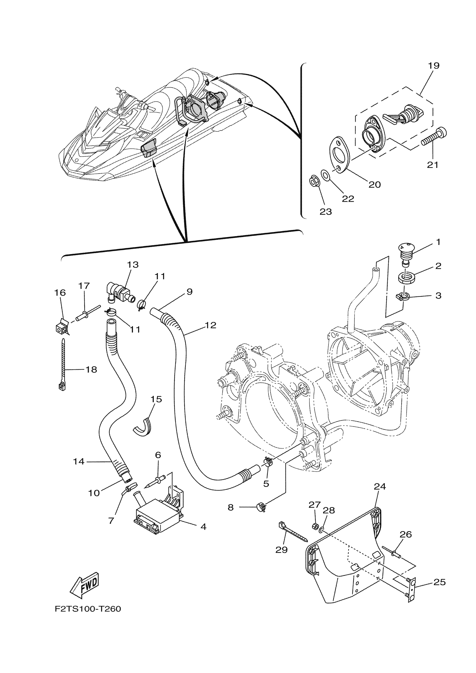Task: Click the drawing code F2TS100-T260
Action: point(88,609)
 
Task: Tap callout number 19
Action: point(434,66)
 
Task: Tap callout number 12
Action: point(211,325)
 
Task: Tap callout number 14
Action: point(79,462)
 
